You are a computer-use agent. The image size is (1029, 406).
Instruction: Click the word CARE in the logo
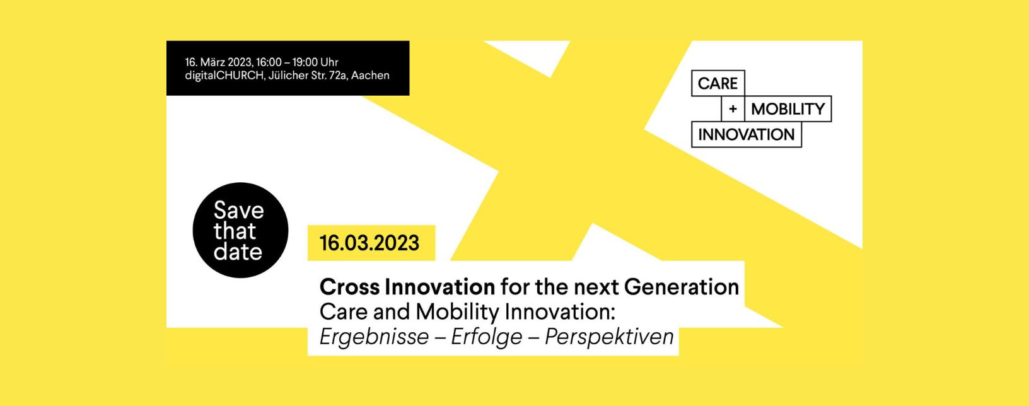[718, 84]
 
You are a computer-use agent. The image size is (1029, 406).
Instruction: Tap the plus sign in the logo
[733, 109]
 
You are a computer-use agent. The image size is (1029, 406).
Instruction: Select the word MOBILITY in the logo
[788, 109]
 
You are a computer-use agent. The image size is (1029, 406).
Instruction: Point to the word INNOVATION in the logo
[746, 134]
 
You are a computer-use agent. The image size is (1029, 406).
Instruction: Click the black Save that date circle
[240, 230]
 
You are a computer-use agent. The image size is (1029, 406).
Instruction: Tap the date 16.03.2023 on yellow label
[369, 243]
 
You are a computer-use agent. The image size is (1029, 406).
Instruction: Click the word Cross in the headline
[349, 287]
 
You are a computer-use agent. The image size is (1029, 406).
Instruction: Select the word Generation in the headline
[681, 287]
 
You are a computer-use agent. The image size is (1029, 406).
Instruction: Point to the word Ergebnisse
[374, 337]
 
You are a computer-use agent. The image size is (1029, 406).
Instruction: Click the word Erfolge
[487, 337]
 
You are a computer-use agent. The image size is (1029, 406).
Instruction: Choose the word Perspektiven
[609, 337]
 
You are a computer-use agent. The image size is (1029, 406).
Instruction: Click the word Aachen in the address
[370, 75]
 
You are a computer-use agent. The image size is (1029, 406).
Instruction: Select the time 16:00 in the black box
[269, 62]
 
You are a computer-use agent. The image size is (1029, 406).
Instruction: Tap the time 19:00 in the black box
[305, 62]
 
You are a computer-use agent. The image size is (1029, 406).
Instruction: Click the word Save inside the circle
[238, 211]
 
